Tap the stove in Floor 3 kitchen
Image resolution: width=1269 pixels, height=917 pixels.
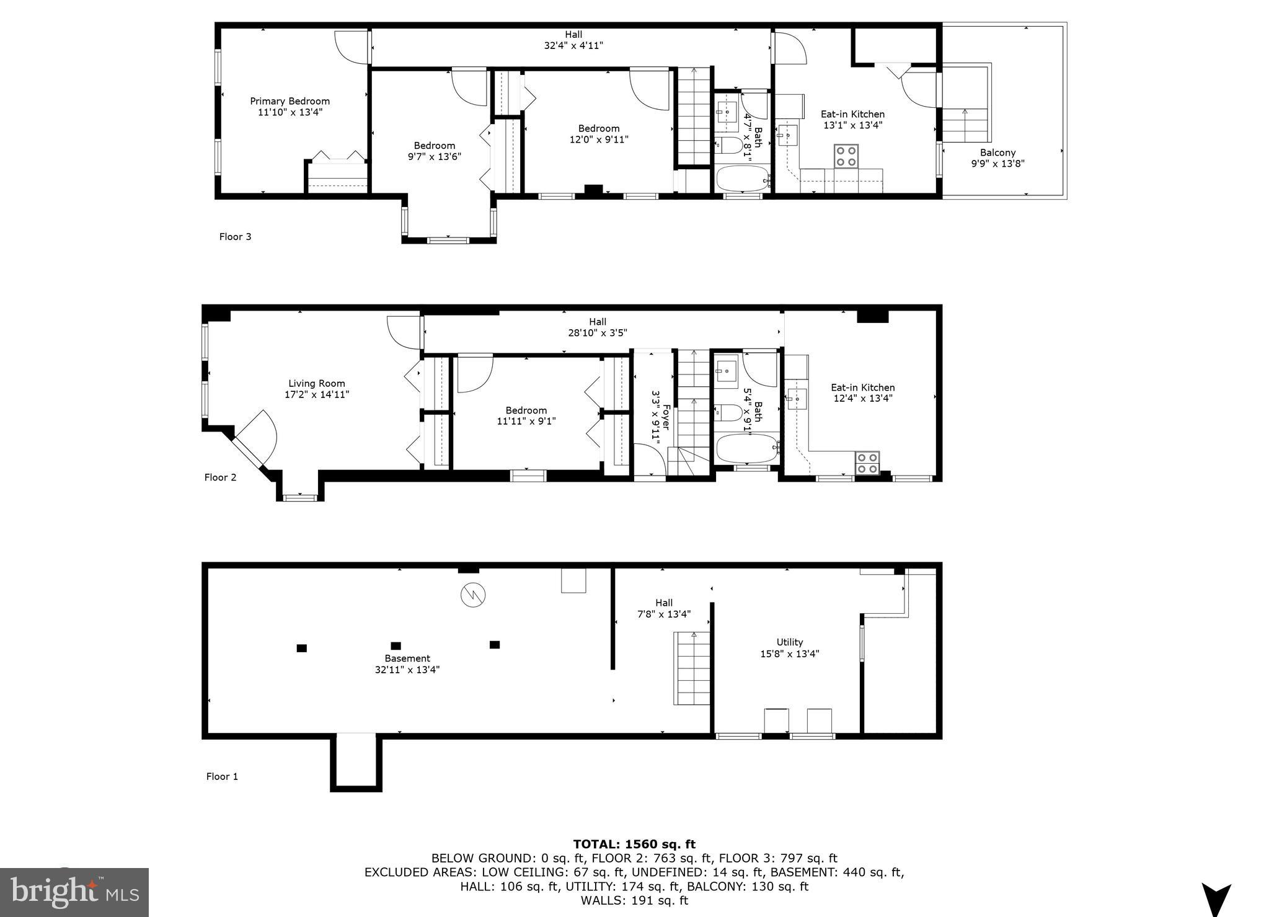tap(846, 156)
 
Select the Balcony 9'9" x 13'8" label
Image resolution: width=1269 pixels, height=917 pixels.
tap(997, 158)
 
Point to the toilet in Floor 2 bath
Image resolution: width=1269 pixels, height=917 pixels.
tap(728, 412)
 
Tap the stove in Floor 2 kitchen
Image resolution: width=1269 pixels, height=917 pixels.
tap(867, 463)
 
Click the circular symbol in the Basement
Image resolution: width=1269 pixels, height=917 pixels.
tap(473, 596)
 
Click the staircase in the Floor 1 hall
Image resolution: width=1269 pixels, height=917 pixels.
tap(692, 668)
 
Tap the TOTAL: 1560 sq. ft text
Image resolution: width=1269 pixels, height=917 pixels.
tap(634, 844)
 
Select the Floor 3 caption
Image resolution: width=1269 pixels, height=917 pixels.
tap(235, 236)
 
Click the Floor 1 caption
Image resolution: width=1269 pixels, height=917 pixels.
tap(222, 776)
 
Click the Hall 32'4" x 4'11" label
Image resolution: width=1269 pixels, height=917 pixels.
tap(573, 40)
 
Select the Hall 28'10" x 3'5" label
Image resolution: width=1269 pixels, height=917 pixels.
tap(597, 327)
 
